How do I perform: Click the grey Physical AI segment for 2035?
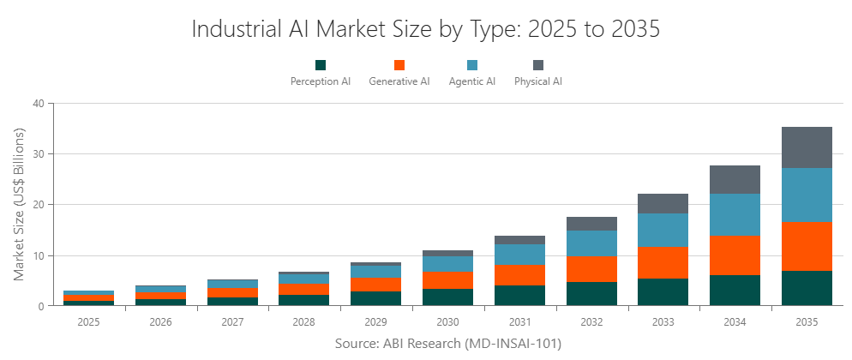pyautogui.click(x=807, y=147)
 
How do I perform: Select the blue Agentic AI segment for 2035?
pyautogui.click(x=807, y=195)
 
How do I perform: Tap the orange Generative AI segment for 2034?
pyautogui.click(x=735, y=255)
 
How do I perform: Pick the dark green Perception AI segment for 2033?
pyautogui.click(x=663, y=292)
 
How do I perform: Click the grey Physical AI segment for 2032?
pyautogui.click(x=591, y=224)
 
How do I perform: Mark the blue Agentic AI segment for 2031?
pyautogui.click(x=519, y=255)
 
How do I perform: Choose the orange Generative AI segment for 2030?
pyautogui.click(x=447, y=280)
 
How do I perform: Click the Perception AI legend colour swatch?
pyautogui.click(x=321, y=65)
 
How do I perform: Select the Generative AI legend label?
pyautogui.click(x=399, y=82)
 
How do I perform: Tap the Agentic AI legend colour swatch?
pyautogui.click(x=472, y=65)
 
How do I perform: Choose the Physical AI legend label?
pyautogui.click(x=538, y=82)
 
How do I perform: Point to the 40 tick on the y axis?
pyautogui.click(x=38, y=104)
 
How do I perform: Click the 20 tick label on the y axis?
pyautogui.click(x=38, y=205)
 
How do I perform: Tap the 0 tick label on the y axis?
pyautogui.click(x=41, y=306)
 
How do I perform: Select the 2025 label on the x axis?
pyautogui.click(x=87, y=322)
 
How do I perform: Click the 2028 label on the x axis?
pyautogui.click(x=303, y=322)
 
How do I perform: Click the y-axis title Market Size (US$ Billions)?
pyautogui.click(x=19, y=204)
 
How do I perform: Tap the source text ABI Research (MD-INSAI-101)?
pyautogui.click(x=470, y=343)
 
